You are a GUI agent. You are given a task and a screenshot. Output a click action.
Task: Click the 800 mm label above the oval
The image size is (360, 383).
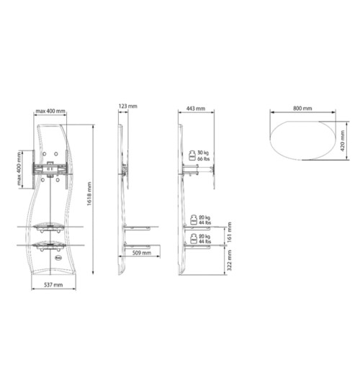302,108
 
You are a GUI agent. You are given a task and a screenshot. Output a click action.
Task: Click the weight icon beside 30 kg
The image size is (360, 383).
194,156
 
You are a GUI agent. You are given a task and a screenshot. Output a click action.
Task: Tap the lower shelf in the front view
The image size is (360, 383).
51,245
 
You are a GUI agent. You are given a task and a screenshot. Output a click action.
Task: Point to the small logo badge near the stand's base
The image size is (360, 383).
58,255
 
